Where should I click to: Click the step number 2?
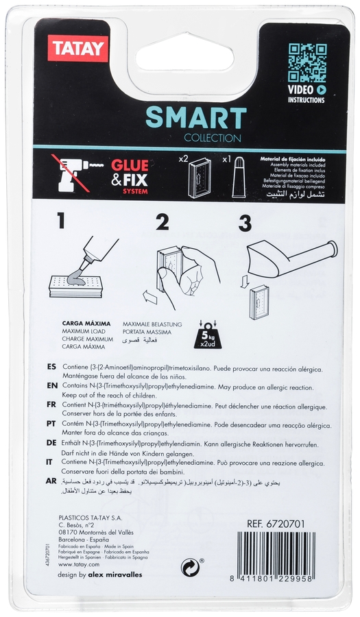point(163,222)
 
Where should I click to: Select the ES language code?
point(52,367)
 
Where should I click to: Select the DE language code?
point(52,444)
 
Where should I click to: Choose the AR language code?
point(52,482)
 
